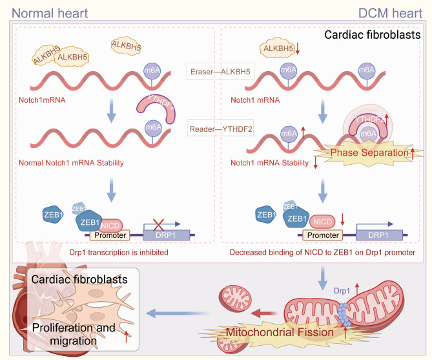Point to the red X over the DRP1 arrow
pos(158,224)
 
